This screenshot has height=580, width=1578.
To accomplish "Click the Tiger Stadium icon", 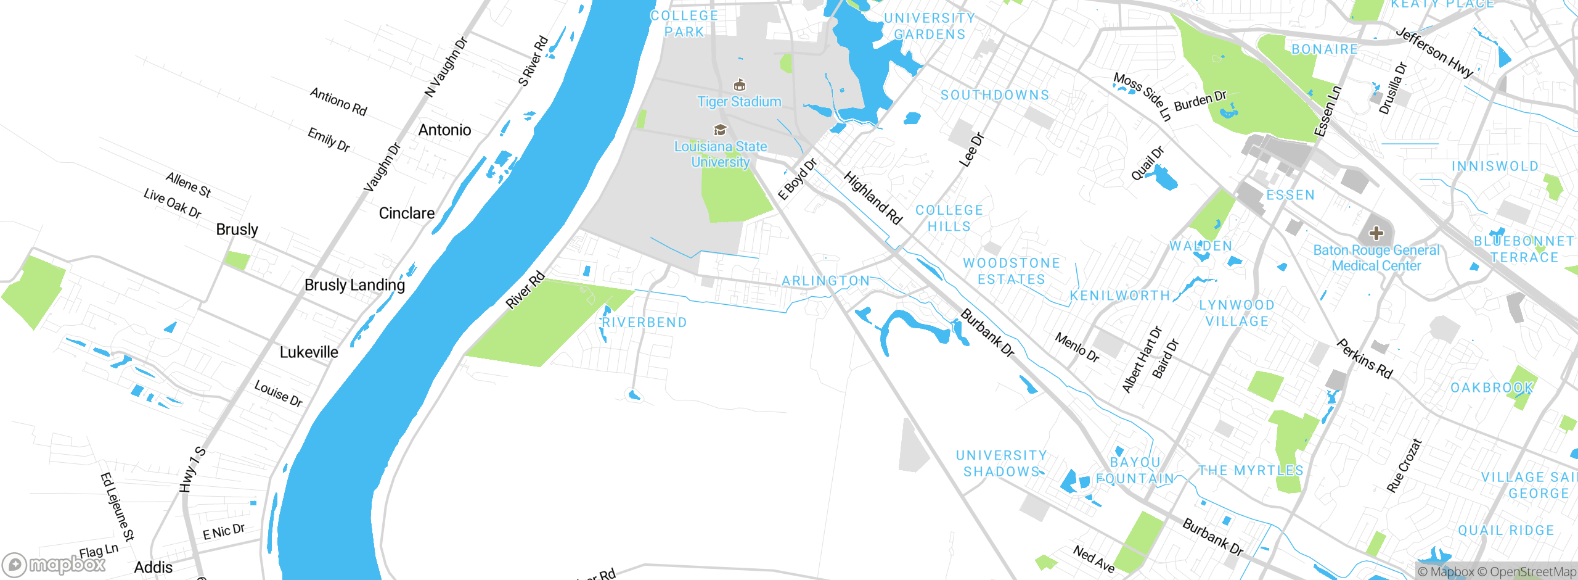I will click(x=740, y=85).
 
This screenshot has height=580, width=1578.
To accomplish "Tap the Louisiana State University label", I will click(x=721, y=154).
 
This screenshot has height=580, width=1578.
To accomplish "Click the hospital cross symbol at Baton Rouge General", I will click(x=1376, y=233).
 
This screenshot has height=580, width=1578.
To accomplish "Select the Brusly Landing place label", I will click(x=354, y=285).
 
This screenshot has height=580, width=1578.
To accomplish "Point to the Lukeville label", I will click(x=309, y=352).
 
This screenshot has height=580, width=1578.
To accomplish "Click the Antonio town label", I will click(x=444, y=130).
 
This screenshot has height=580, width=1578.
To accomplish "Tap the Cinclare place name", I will click(x=407, y=213).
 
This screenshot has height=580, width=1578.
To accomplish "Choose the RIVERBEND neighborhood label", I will click(x=644, y=323).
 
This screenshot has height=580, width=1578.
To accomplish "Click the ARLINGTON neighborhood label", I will click(x=826, y=281).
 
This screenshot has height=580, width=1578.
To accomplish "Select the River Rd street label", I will click(x=525, y=290).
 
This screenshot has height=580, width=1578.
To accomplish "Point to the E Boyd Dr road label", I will click(x=797, y=179).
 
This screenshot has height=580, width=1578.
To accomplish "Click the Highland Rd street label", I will click(x=873, y=198).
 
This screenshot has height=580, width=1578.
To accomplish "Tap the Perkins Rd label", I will click(x=1365, y=358).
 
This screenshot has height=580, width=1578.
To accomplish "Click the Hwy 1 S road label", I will click(x=192, y=470).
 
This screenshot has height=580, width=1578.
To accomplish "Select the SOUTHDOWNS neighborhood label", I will click(x=995, y=95).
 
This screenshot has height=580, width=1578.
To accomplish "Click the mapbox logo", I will click(x=54, y=565).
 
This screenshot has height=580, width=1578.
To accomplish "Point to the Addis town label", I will click(x=153, y=568).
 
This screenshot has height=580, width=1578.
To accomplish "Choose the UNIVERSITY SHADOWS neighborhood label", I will click(x=1001, y=463).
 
